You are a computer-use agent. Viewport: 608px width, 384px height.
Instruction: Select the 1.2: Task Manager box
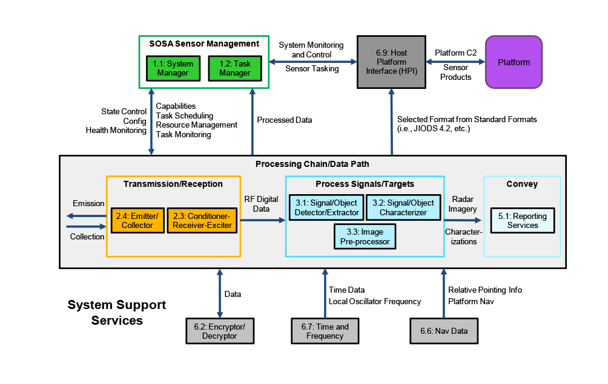coord(234,68)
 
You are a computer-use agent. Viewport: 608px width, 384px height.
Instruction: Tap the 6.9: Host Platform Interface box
coord(391,62)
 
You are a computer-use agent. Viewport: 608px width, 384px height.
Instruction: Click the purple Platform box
coord(514,62)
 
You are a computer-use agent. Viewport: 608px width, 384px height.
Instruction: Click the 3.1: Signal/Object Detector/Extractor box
coord(325,207)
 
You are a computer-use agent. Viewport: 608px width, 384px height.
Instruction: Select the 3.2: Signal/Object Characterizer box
coord(403,207)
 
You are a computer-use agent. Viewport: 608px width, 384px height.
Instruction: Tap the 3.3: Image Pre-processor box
coord(365,236)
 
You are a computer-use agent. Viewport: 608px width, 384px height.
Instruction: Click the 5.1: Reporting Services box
coord(522,221)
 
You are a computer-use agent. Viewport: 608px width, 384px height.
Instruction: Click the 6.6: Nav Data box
coord(443,331)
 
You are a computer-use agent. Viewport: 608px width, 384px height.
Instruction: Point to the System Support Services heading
coord(117,312)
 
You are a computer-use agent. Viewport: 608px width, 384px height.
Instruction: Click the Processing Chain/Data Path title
coord(312,164)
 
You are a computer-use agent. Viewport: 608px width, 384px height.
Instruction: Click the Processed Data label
coord(285,120)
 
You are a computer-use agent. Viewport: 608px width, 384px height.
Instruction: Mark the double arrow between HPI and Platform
coord(455,62)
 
